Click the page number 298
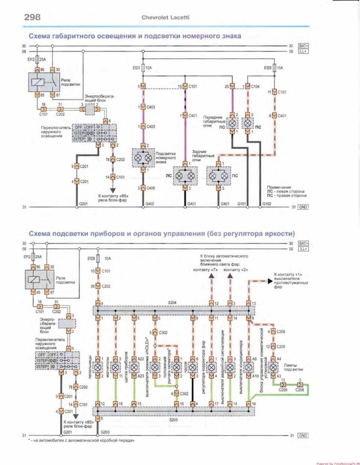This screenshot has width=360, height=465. pos(29,17)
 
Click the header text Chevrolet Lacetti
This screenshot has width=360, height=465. pos(165,18)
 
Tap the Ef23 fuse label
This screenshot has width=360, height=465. pos(136,68)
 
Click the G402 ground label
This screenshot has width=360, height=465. pos(150,204)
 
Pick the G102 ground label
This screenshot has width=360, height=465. pos(267,204)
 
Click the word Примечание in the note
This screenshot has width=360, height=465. pos(279,187)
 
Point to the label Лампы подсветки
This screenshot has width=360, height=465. pos(294,367)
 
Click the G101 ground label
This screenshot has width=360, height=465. pos(242,204)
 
